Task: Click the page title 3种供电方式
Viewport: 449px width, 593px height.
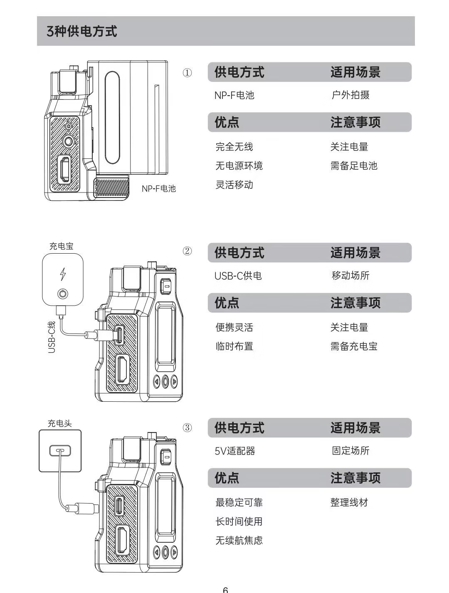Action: coord(82,31)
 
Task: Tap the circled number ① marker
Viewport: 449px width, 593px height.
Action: coord(187,73)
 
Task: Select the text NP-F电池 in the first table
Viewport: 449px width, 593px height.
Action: coord(234,95)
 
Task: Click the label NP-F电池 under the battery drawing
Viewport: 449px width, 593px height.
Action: coord(159,188)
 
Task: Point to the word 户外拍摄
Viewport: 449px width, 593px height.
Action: coord(350,95)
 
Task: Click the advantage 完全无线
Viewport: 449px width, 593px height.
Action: coord(234,147)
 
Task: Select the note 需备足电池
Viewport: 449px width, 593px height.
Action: coord(354,166)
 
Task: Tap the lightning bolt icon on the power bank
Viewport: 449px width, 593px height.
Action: coord(63,274)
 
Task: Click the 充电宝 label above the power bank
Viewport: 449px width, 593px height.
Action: coord(62,246)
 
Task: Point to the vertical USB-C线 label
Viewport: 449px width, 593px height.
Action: coord(52,337)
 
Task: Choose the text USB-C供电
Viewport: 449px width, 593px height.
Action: coord(238,276)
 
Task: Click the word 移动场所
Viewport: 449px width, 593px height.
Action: coord(350,276)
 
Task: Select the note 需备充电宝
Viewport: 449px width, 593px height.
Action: coord(354,346)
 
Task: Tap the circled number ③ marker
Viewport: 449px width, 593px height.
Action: coord(187,428)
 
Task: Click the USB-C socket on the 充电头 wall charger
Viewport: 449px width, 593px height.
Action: coord(60,450)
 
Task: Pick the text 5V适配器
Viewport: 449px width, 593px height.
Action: coord(235,451)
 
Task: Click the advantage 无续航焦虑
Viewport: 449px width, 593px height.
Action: coord(239,541)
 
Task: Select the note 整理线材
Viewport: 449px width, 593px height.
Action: coord(349,502)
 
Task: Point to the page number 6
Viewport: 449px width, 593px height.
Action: coord(225,589)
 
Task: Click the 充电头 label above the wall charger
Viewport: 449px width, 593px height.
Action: coord(60,423)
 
